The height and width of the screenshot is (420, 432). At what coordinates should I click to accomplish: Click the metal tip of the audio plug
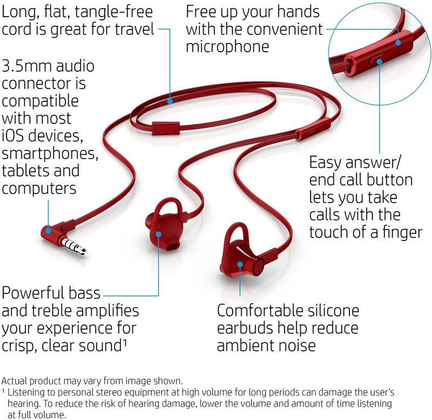83,250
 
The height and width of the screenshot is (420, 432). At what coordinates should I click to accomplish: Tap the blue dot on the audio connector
48,230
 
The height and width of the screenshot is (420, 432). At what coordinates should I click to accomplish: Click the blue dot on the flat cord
170,101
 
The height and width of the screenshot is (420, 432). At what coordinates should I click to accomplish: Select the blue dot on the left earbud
158,234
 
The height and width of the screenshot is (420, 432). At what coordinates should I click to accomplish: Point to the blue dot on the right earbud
240,265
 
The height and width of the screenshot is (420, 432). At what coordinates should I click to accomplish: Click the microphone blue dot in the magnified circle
398,43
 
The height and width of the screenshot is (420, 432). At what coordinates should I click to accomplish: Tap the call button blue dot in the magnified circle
380,61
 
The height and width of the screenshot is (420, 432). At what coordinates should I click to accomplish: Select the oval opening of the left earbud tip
173,246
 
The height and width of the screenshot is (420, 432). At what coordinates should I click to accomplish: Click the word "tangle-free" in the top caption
114,12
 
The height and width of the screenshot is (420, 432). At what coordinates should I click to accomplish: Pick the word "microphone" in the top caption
227,46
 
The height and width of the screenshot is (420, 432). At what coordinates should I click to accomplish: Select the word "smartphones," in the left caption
50,154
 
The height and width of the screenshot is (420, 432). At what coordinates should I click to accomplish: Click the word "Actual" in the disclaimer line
15,381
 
